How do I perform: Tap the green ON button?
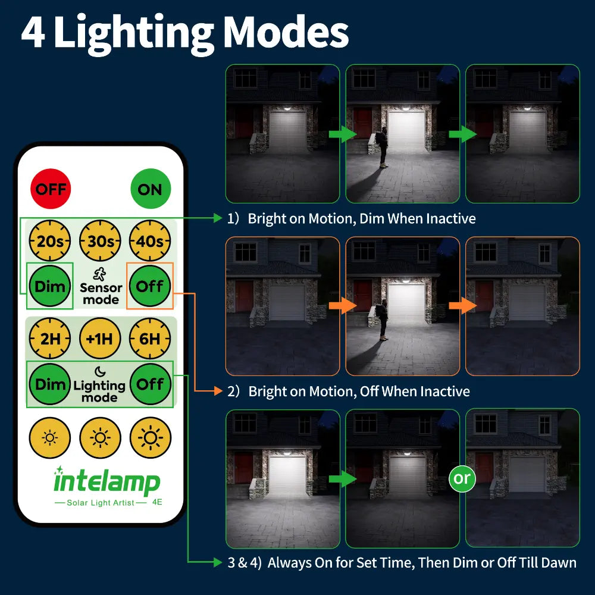(150, 189)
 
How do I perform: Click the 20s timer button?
(50, 242)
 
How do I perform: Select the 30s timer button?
(100, 242)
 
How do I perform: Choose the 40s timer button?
(150, 242)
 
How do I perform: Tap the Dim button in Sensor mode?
(50, 286)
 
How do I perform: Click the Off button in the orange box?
(150, 286)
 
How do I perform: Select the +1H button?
(100, 339)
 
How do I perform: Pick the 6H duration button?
(150, 339)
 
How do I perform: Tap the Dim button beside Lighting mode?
(50, 384)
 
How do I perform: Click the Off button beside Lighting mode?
(150, 384)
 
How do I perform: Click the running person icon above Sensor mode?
(101, 274)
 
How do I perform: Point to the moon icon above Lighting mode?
(100, 372)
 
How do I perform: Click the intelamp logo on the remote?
(107, 481)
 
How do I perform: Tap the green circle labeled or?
(462, 478)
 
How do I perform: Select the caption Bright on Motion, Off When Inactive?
(359, 392)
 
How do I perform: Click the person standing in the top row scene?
(382, 148)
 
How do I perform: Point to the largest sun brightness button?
(150, 438)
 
